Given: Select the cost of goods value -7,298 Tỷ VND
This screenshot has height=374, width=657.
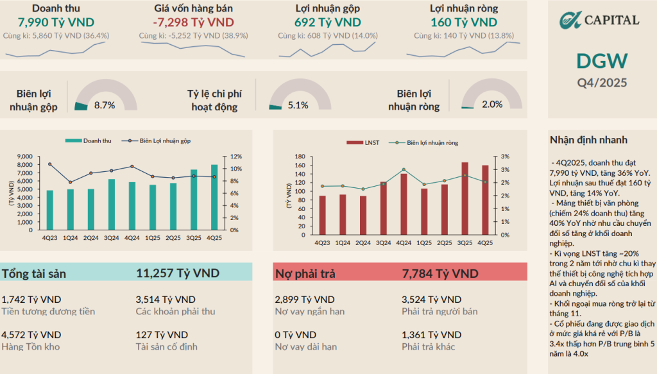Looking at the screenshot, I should [193, 22].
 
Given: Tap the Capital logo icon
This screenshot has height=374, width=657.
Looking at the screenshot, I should [567, 20].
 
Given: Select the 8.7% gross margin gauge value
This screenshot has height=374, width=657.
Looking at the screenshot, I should [105, 105].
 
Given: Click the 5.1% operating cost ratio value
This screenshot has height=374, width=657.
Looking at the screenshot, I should [298, 105].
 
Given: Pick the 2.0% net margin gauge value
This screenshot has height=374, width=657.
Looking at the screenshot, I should [492, 105].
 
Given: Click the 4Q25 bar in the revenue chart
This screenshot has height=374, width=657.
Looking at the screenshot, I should [214, 197].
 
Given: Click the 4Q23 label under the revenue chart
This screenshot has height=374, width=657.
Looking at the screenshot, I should [49, 237].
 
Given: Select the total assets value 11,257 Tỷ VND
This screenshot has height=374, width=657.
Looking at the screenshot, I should [178, 273].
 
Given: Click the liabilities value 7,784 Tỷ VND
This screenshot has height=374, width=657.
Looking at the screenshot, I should [439, 274].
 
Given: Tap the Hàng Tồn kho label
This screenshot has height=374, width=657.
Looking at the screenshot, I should [31, 347].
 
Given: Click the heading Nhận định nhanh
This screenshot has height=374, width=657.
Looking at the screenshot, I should [588, 140].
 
